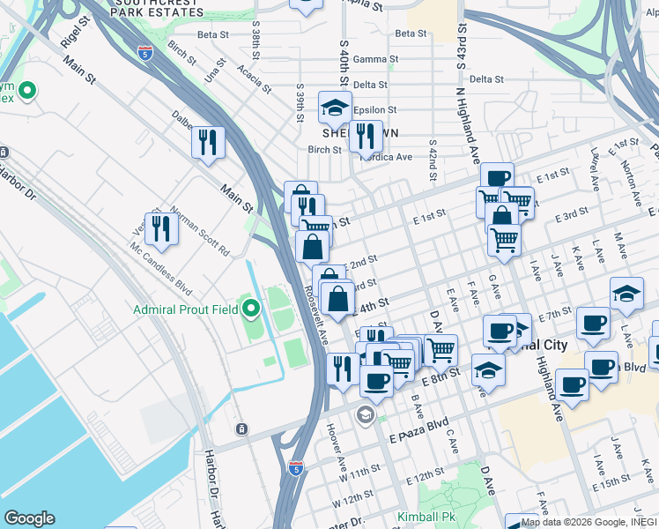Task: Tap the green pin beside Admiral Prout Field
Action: pyautogui.click(x=251, y=309)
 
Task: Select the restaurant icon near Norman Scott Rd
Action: pyautogui.click(x=161, y=228)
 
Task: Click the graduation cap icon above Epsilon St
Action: pyautogui.click(x=335, y=108)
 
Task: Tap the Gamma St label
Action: pyautogui.click(x=370, y=59)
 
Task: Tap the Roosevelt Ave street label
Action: pyautogui.click(x=315, y=313)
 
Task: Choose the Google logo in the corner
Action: pyautogui.click(x=29, y=518)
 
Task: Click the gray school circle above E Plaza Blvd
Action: pyautogui.click(x=365, y=414)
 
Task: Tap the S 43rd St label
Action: pyautogui.click(x=460, y=48)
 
